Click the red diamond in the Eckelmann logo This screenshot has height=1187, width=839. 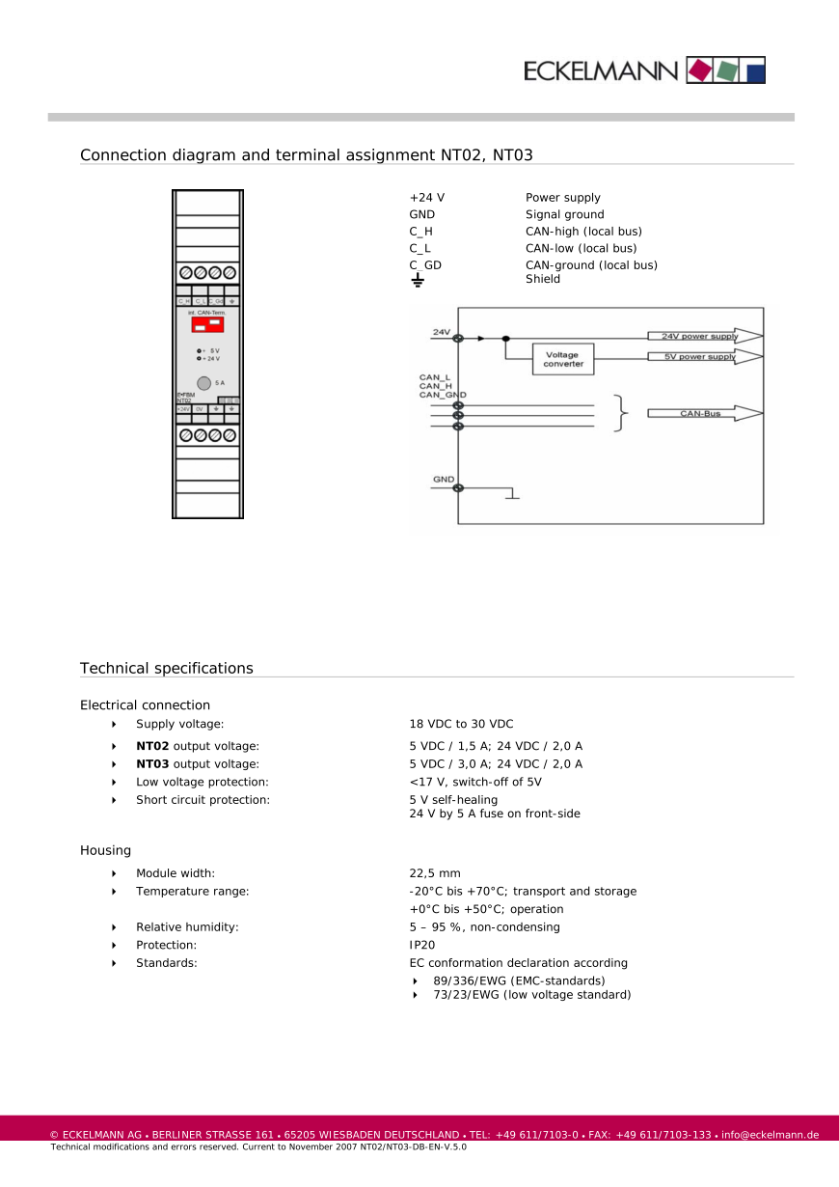point(699,70)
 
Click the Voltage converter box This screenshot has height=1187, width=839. point(563,359)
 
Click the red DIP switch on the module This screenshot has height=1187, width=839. point(207,325)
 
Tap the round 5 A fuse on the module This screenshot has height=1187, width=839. point(204,383)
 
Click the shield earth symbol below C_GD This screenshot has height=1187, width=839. point(418,280)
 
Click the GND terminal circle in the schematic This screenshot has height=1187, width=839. point(458,487)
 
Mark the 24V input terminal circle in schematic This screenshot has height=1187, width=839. point(458,338)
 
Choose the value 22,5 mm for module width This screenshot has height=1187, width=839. point(435,873)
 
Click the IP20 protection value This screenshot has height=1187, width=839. point(421,945)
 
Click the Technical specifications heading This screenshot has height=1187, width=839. point(167,668)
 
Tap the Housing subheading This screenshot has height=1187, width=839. point(105,850)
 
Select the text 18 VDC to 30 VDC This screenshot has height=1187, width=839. point(461,724)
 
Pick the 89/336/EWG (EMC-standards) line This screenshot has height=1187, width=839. point(519,980)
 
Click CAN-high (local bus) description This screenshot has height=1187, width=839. point(583,232)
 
